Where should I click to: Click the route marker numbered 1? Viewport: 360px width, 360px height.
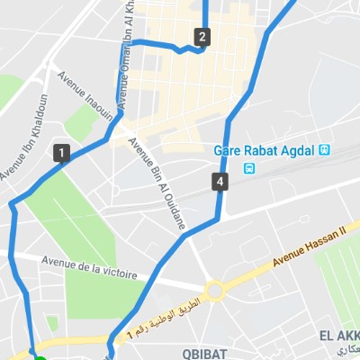point(61,152)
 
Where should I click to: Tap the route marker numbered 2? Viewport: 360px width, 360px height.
point(202,37)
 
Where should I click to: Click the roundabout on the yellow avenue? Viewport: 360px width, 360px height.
point(215,291)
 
